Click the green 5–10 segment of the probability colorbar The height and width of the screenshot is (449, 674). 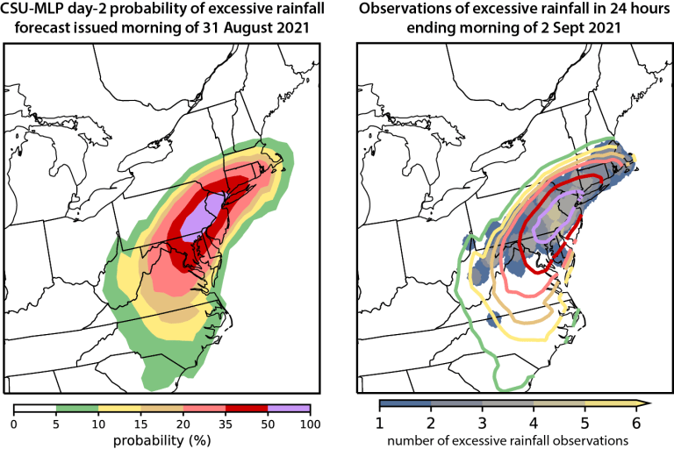tap(77, 408)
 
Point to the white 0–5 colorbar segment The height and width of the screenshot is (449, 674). tap(35, 408)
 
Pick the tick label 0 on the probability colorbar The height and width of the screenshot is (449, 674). tap(14, 424)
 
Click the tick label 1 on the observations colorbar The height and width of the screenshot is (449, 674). tap(381, 423)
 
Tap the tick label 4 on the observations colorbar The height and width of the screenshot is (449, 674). tap(534, 423)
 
